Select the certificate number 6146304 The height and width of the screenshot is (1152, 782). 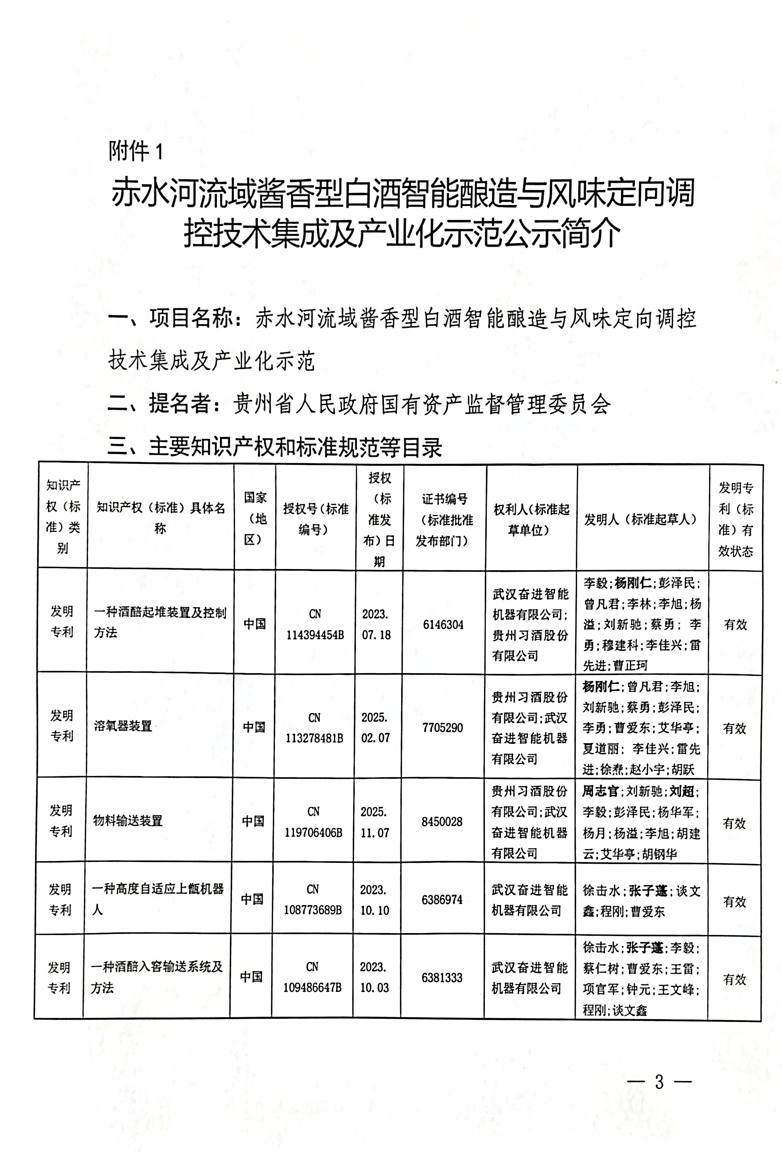coord(443,625)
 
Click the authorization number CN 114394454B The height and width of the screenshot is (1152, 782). coord(315,625)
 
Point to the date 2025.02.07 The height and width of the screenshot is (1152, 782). coord(375,728)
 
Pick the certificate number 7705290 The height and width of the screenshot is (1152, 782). coord(443,728)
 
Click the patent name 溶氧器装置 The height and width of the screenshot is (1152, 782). coord(123,726)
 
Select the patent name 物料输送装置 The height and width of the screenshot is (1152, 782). coord(128,821)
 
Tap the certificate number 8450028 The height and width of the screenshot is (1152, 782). coord(442,822)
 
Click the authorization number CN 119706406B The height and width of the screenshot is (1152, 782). coord(313,822)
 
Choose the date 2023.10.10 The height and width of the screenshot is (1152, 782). coord(374,900)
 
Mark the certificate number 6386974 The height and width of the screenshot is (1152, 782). coord(442,900)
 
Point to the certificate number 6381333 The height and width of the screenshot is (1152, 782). coord(442,978)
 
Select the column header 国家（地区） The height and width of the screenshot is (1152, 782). coord(255,518)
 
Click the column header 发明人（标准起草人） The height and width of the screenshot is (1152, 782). coord(641,520)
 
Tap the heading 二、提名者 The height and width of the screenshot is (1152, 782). coord(159,404)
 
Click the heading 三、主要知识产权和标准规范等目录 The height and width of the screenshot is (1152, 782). coord(275,448)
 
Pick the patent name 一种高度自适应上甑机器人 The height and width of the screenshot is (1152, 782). coord(157,899)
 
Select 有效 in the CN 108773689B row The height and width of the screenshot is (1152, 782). coord(734,902)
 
